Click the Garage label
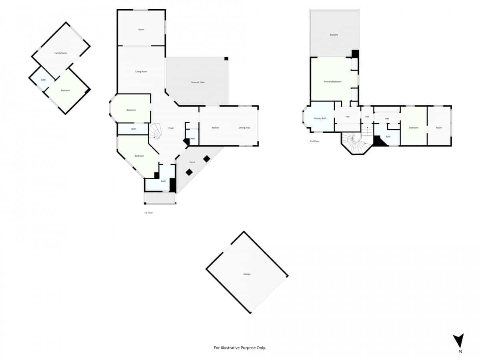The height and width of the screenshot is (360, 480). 247,274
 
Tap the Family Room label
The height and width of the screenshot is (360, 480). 61,53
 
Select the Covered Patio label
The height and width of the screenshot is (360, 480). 198,82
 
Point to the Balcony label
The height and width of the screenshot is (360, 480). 334,35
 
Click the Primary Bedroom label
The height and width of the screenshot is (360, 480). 332,82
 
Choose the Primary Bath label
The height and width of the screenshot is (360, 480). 320,118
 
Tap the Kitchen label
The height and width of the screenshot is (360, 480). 215,128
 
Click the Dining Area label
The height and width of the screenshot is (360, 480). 244,128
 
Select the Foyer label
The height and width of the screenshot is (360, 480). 171,128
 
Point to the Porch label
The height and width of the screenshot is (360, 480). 192,162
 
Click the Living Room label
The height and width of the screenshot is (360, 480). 141,72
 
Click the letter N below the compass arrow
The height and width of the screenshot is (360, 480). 460,352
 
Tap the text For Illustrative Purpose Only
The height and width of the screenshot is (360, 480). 240,348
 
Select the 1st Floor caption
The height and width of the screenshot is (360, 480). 148,213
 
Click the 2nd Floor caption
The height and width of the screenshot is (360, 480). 314,141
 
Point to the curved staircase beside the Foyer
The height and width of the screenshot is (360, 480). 155,131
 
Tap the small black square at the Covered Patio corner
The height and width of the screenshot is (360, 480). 226,59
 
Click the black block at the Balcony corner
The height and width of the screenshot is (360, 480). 355,54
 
